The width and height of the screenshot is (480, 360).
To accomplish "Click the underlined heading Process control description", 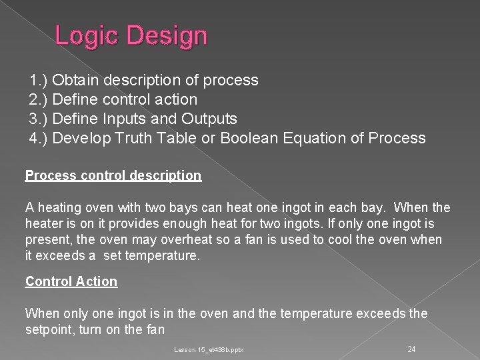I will pyautogui.click(x=113, y=175).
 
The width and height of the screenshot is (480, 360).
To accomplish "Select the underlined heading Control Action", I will pyautogui.click(x=71, y=281).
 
